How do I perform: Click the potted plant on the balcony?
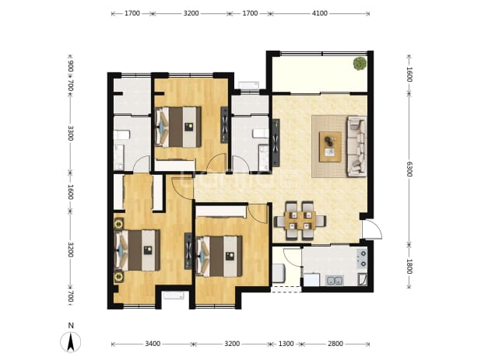coord(360,64)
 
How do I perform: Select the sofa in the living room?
coord(357,146)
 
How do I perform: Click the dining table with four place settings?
coord(300,220)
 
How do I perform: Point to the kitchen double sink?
coord(335,280)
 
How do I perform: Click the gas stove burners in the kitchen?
coord(362,258)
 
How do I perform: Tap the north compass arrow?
coord(71,342)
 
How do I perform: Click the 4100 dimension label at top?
coord(320,13)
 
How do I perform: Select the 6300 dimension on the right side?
coord(409,170)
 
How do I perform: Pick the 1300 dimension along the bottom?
coord(286,344)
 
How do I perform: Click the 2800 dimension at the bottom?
coord(335,344)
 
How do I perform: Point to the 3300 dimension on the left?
coord(71,133)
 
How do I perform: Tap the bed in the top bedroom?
coord(178,127)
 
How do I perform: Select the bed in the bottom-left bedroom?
coord(137,250)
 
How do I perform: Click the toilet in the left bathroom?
coord(122,135)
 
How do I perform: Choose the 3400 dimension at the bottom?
coord(153,344)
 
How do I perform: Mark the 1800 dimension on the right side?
coord(409,266)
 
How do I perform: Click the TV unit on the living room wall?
coord(276,143)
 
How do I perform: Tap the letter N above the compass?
coord(71,325)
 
